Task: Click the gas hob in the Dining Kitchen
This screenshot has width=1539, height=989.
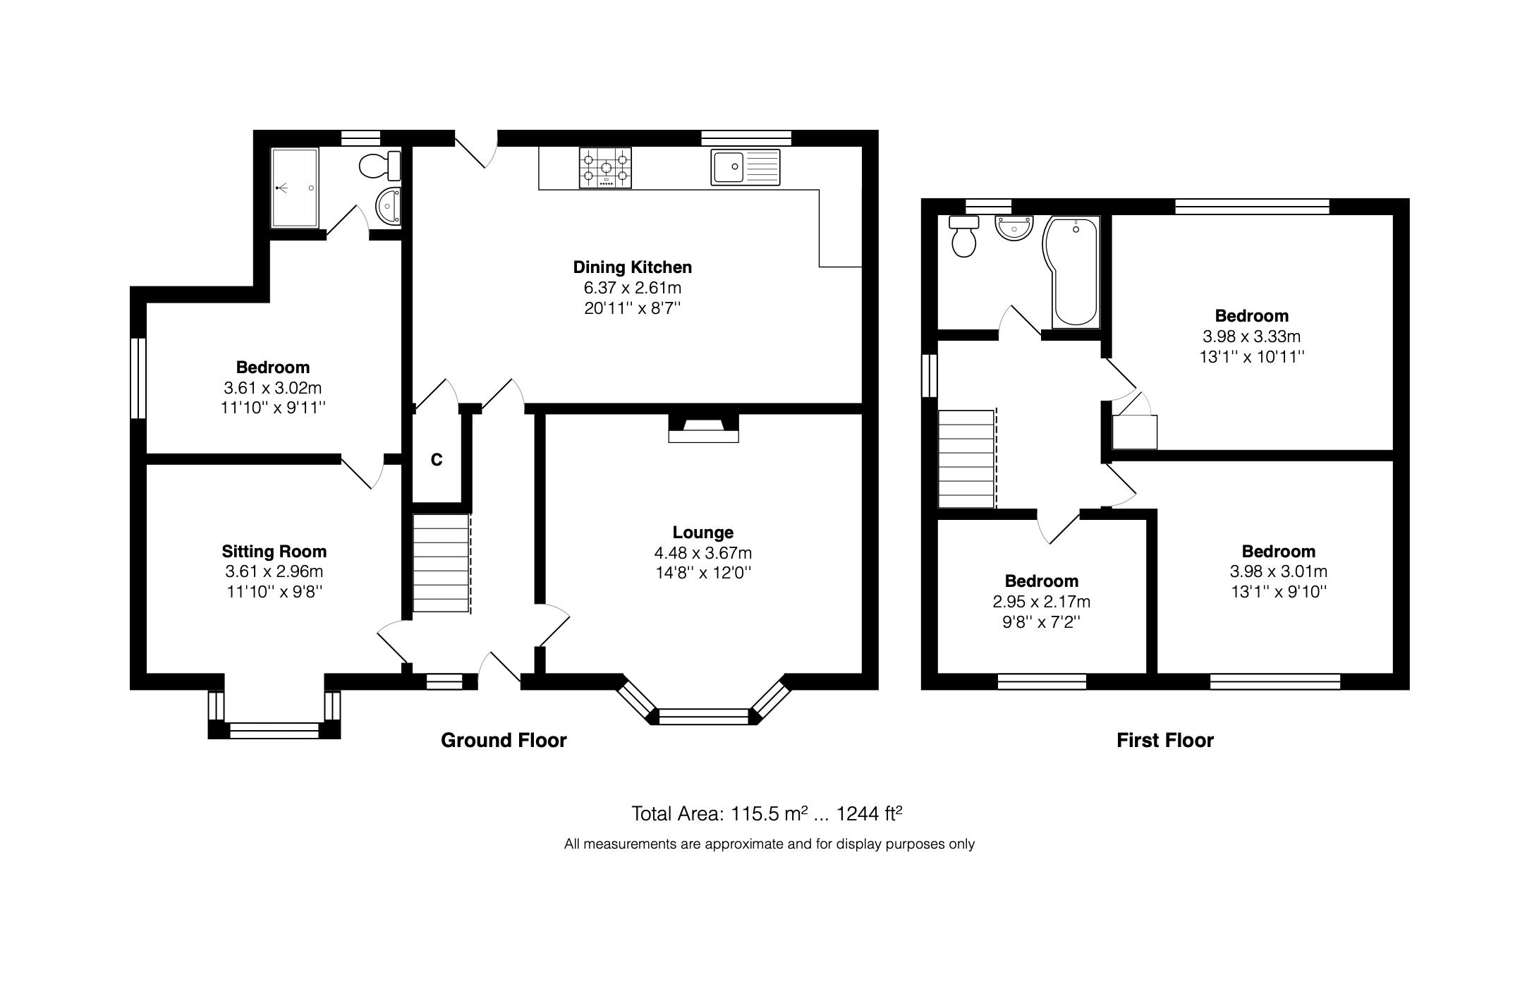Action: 605,168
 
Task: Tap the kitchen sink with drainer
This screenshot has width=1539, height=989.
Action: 746,167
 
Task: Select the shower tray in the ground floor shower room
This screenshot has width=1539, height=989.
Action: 295,188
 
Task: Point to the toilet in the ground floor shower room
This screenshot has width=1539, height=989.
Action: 379,166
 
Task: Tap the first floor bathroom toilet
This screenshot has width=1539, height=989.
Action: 963,237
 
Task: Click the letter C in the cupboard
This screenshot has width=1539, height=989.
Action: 437,460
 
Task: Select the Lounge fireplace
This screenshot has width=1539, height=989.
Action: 703,428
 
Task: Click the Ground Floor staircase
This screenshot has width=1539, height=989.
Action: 442,563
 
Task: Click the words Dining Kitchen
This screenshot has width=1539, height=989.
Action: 632,267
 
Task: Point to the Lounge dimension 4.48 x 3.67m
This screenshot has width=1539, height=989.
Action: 702,553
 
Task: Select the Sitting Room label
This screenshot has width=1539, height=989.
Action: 274,552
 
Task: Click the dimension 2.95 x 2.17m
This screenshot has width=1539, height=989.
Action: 1041,602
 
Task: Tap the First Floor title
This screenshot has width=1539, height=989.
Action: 1164,740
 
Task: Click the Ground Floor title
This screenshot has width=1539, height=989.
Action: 504,740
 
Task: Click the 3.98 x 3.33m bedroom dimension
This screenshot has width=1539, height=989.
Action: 1251,336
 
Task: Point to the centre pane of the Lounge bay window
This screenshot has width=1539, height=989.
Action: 702,717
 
